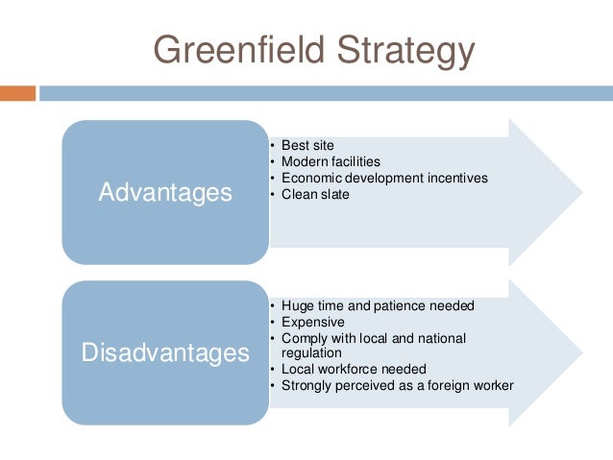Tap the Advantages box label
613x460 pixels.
coord(165,193)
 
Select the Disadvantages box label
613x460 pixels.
coord(165,353)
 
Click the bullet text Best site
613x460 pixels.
coord(307,145)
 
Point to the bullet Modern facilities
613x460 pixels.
coord(331,161)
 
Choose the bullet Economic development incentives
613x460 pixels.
coord(379,178)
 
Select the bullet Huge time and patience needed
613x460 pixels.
coord(378,305)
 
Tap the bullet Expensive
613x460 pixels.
coord(312,322)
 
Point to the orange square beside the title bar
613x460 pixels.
coord(17,93)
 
